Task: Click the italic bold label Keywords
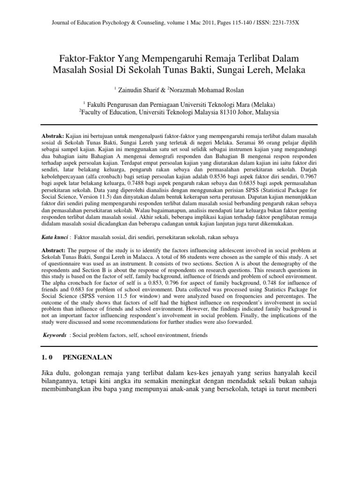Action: [55, 335]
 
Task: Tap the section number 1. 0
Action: [49, 358]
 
